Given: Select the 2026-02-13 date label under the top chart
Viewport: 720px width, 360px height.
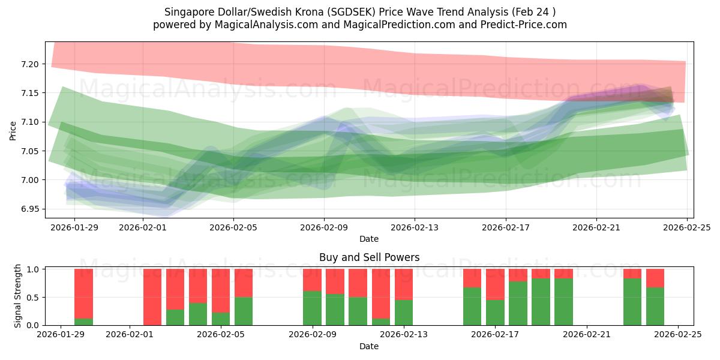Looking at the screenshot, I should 415,227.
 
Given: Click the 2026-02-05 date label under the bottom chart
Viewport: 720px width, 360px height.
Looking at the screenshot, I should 221,335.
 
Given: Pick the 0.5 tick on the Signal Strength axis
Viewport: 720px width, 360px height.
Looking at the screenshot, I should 34,297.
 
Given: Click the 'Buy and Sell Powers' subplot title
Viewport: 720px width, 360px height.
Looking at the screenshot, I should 369,257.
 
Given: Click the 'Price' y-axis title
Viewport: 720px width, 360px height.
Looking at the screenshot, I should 13,130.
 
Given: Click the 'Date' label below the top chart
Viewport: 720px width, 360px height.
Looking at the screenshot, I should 369,239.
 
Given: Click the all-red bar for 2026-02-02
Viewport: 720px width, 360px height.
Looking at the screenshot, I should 152,297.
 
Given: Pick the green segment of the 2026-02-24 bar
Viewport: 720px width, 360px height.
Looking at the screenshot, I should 655,306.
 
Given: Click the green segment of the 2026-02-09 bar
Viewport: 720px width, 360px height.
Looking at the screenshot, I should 313,308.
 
